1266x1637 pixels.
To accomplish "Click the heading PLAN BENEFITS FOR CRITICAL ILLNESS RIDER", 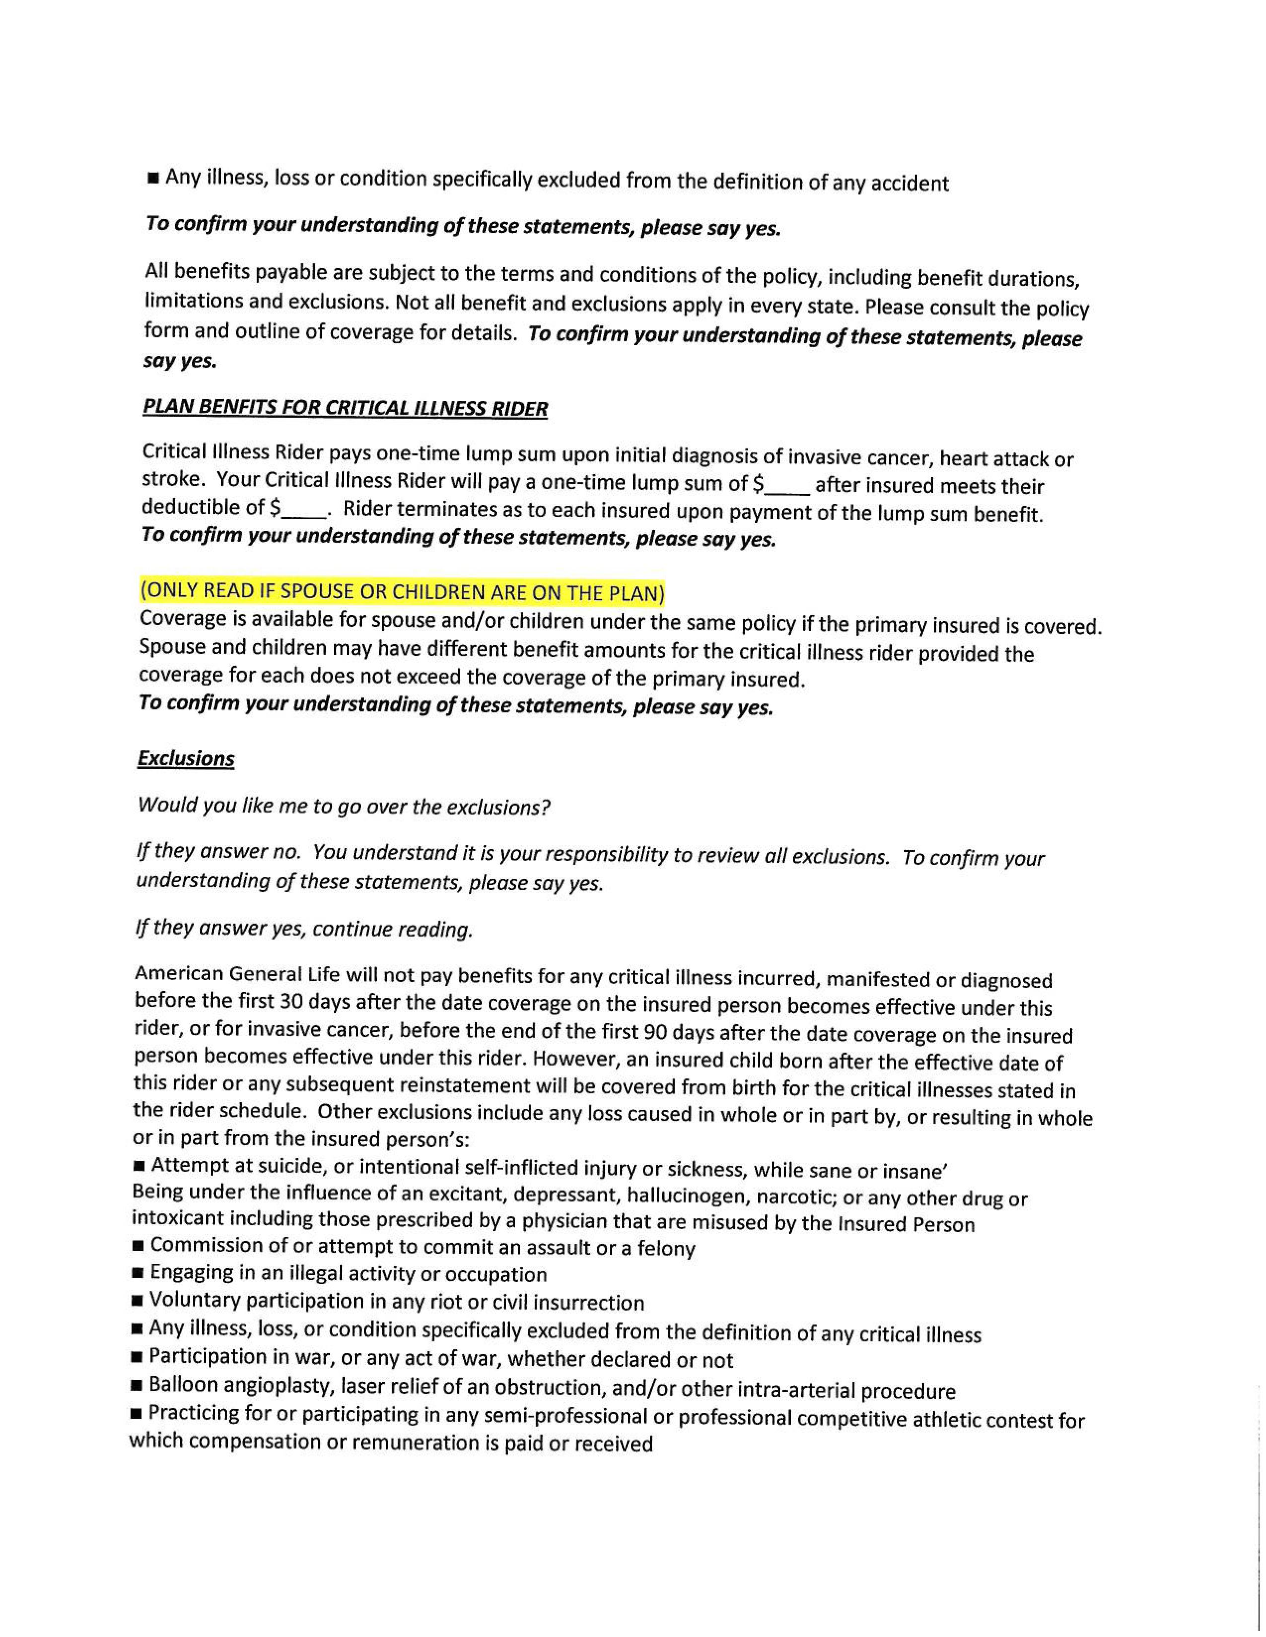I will click(x=345, y=408).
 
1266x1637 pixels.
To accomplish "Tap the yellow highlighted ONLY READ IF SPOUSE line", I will click(x=402, y=592).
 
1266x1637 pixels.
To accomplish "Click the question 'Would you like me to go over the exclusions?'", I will click(x=344, y=807).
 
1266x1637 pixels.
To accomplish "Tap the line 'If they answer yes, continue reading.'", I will click(x=304, y=929).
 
